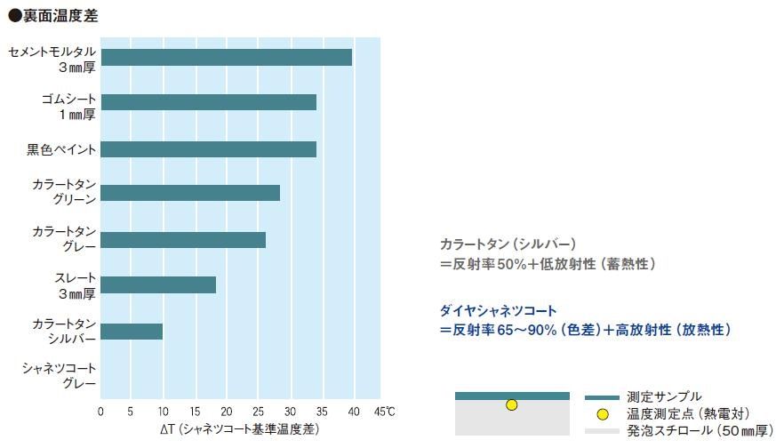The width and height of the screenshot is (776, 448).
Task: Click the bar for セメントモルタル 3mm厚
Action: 226,57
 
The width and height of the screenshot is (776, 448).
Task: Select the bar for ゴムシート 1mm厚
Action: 208,102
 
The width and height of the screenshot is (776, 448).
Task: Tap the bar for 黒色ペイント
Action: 208,148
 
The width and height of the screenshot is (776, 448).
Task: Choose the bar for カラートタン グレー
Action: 182,239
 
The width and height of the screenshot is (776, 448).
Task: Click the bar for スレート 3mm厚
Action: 157,284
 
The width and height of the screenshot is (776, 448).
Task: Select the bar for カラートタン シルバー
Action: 131,331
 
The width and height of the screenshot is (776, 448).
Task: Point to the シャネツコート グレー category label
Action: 59,376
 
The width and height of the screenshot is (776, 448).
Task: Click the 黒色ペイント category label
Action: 61,148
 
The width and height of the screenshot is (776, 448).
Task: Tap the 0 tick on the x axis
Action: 100,412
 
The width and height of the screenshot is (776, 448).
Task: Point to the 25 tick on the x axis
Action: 258,412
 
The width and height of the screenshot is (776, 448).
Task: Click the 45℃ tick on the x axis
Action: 385,412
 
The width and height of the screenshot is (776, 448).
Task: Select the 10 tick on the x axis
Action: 163,412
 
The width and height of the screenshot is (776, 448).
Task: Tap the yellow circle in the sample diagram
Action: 511,405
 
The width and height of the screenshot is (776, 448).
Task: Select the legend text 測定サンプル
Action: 663,396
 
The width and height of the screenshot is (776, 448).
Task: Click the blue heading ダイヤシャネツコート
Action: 498,310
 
